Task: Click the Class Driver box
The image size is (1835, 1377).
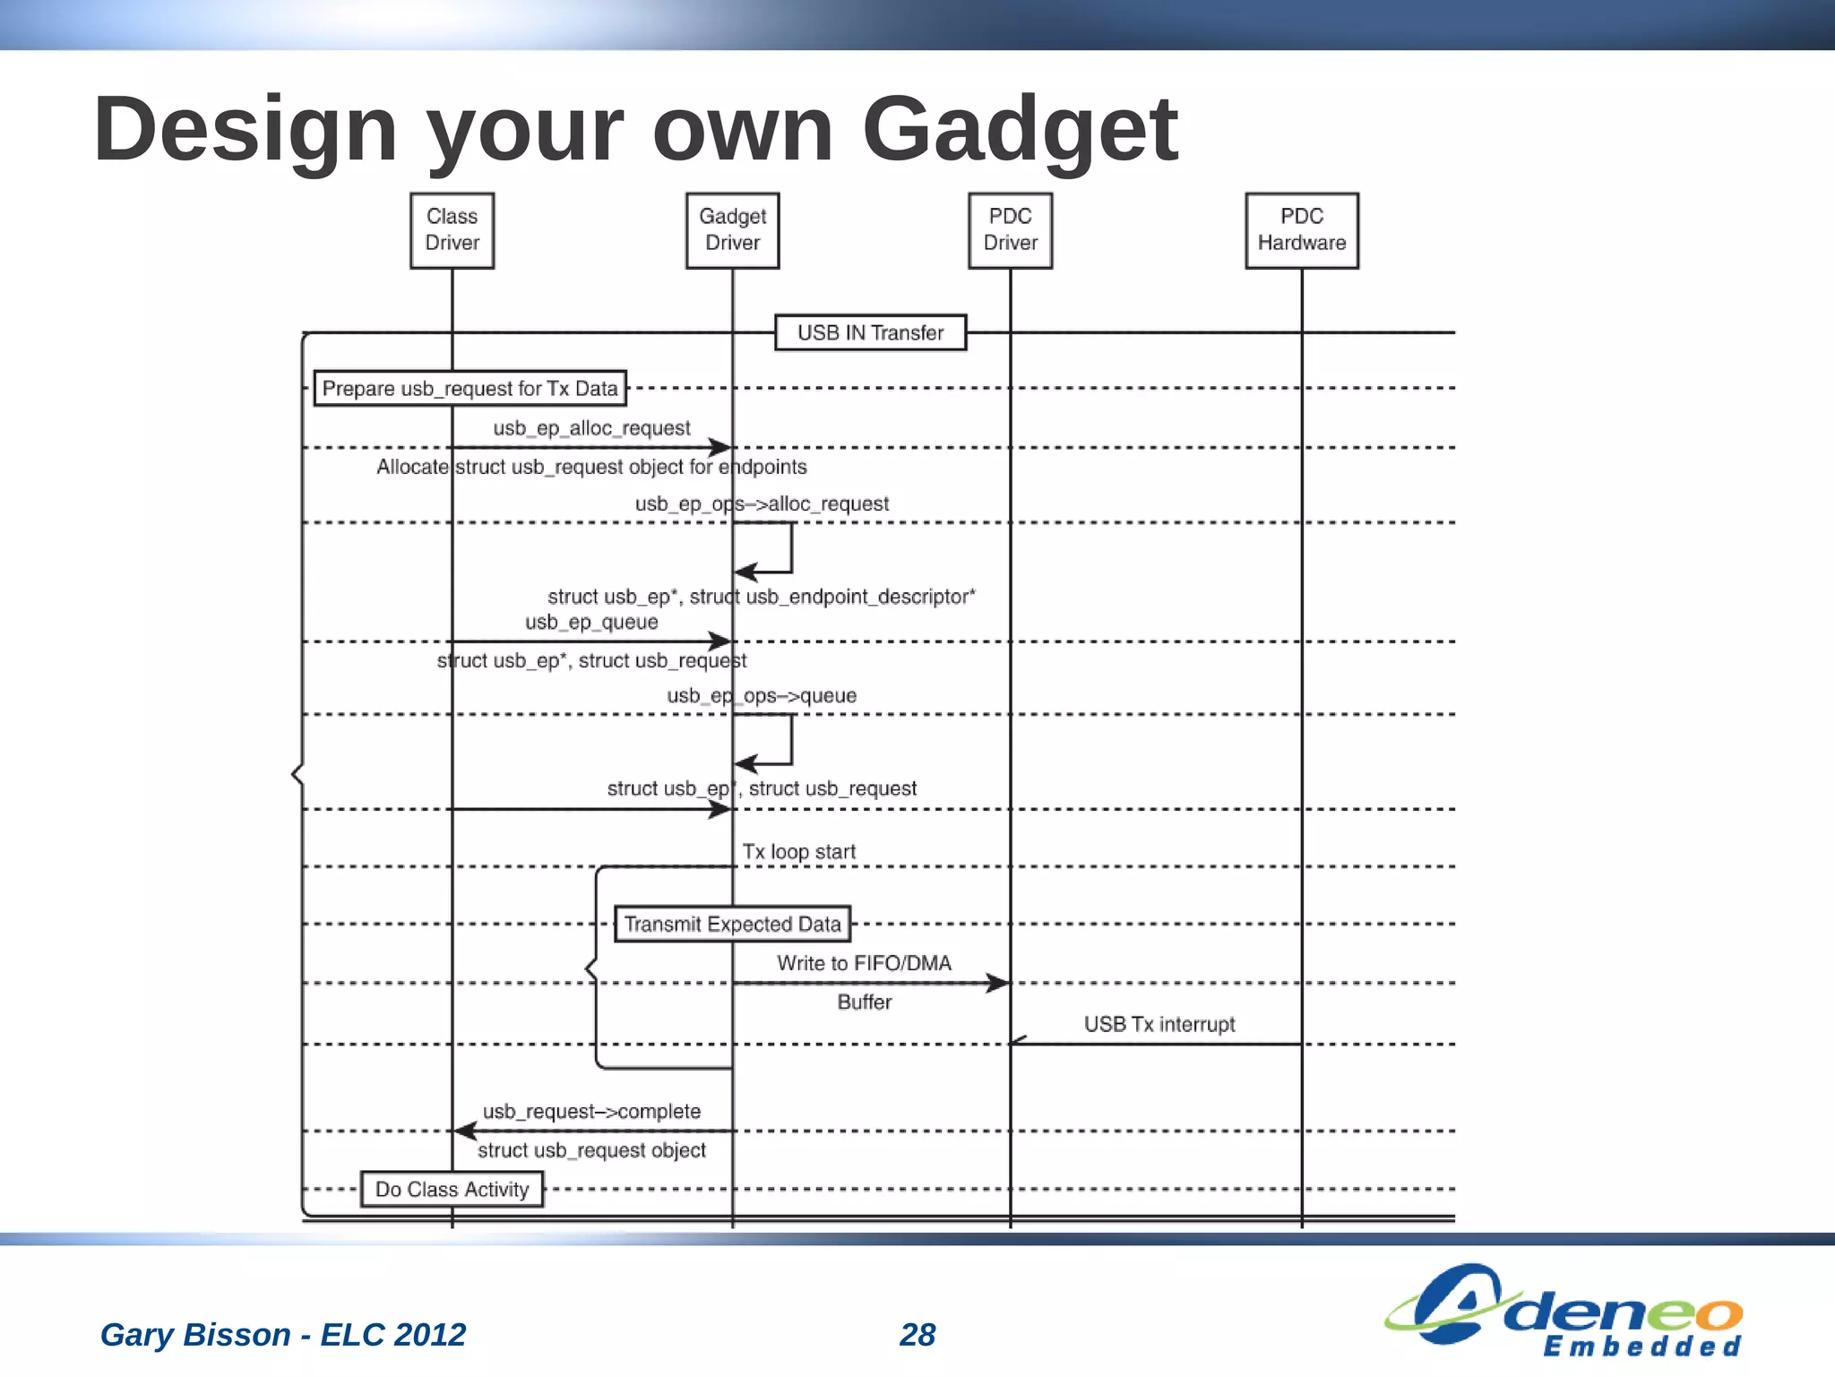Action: click(x=452, y=230)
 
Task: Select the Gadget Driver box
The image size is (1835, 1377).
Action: click(x=732, y=230)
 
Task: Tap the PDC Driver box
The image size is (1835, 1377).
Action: click(x=1010, y=230)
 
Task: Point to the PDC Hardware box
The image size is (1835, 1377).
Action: click(x=1301, y=230)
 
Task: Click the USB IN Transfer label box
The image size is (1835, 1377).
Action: click(x=870, y=332)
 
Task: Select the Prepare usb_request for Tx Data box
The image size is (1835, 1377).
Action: click(x=470, y=389)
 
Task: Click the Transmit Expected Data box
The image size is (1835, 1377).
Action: click(x=732, y=924)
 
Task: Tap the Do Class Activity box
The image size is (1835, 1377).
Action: click(x=452, y=1189)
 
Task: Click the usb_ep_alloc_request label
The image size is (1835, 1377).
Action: click(x=591, y=428)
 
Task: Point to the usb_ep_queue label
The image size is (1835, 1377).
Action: click(x=591, y=622)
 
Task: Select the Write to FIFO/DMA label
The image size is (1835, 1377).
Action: click(x=864, y=963)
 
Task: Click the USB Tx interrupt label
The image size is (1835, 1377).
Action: click(x=1159, y=1024)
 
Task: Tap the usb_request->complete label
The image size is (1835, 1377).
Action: click(x=591, y=1112)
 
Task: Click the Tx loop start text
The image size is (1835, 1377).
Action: click(x=798, y=852)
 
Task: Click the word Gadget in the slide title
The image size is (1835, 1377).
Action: click(x=1019, y=130)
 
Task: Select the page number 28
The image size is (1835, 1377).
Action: click(x=917, y=1334)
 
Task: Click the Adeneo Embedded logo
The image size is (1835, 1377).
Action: click(x=1564, y=1310)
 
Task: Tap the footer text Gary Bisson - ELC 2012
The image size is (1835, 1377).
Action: click(x=283, y=1334)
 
